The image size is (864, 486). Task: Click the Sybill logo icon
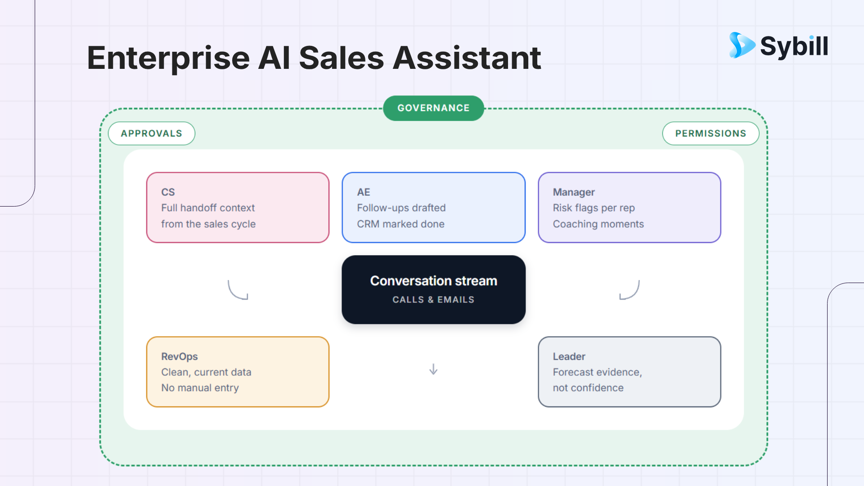point(742,45)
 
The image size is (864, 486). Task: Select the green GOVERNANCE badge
point(433,108)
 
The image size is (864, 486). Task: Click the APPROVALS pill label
point(152,133)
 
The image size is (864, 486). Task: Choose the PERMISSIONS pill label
point(711,133)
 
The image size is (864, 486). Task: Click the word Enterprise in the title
point(168,58)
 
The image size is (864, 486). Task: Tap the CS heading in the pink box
point(168,192)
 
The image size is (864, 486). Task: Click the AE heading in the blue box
point(364,192)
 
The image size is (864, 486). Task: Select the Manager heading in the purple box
point(574,192)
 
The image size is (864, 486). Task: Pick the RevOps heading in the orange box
point(180,356)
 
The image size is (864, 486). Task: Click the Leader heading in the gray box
point(569,356)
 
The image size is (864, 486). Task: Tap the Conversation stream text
point(433,281)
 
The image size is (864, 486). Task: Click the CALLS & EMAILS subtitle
point(433,300)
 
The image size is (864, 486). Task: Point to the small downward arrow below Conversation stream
point(433,369)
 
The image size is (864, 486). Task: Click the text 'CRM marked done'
point(400,224)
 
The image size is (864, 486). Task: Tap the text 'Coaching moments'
point(598,224)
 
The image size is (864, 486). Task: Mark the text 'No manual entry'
point(200,388)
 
